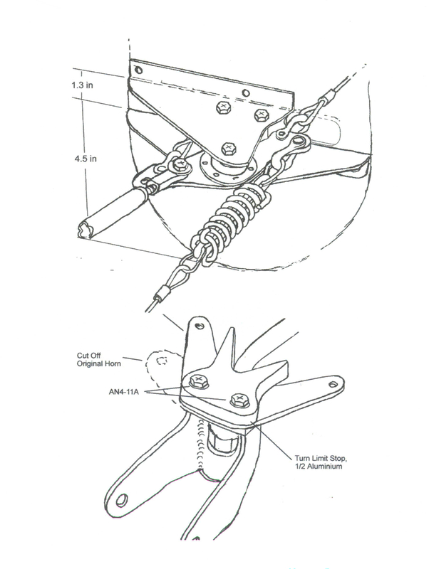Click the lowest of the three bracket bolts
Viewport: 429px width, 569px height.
pyautogui.click(x=229, y=148)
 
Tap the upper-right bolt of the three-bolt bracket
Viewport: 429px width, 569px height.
pyautogui.click(x=261, y=114)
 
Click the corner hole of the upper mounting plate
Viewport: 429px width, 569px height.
pyautogui.click(x=137, y=70)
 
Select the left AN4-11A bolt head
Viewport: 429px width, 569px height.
pyautogui.click(x=195, y=381)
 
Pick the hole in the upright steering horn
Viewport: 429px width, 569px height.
pyautogui.click(x=199, y=326)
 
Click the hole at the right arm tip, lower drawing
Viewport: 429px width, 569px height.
pyautogui.click(x=332, y=383)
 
